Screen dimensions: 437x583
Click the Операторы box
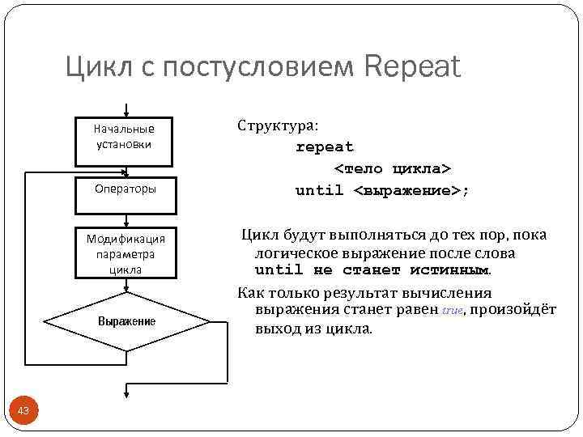coord(125,189)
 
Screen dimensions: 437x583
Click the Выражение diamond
coord(126,321)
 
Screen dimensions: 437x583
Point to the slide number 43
coord(23,412)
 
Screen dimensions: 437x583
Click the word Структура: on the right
coord(278,126)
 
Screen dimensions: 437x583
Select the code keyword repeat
coord(325,147)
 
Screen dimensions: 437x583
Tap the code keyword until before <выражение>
coord(319,191)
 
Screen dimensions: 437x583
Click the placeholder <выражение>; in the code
coord(411,191)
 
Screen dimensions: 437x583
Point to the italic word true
coord(452,311)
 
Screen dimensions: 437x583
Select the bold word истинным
coord(449,270)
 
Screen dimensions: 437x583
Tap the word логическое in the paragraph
coord(294,252)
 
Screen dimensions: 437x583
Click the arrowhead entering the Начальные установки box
coord(126,114)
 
